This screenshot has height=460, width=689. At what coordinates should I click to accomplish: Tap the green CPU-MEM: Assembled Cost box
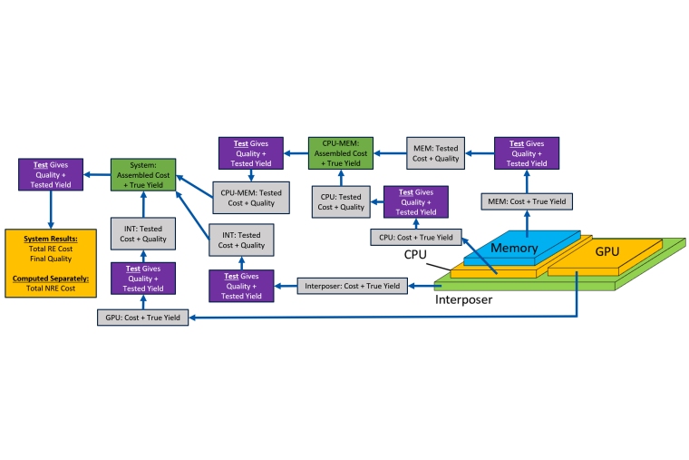340,152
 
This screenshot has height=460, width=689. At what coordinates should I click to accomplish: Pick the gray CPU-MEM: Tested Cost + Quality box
250,198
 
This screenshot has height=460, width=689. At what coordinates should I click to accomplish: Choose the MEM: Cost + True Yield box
527,201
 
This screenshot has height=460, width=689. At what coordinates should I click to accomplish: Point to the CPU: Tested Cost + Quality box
341,201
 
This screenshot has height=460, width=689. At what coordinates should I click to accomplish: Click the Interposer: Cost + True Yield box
352,286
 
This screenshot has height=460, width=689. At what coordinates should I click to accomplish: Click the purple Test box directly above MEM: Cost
527,152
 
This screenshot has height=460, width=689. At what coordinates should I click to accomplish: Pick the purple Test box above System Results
50,174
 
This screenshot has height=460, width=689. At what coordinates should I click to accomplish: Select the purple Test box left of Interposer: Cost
240,286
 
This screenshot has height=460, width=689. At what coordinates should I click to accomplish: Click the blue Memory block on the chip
515,248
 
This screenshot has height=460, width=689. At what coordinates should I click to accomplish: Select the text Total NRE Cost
48,287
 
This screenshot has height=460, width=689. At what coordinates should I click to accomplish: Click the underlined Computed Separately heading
48,277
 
